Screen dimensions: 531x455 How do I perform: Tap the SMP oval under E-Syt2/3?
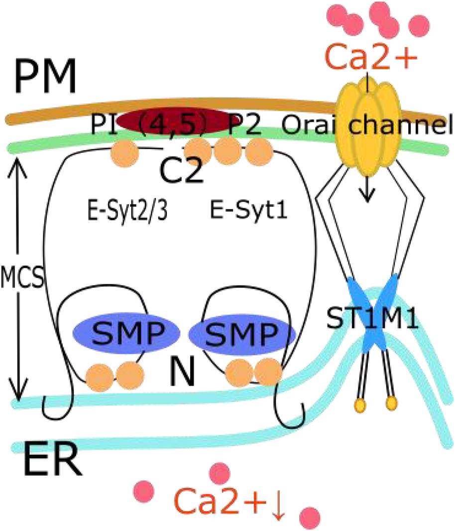pyautogui.click(x=126, y=332)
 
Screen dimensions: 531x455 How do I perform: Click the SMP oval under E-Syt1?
pyautogui.click(x=242, y=332)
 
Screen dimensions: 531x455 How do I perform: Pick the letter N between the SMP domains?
pyautogui.click(x=182, y=373)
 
